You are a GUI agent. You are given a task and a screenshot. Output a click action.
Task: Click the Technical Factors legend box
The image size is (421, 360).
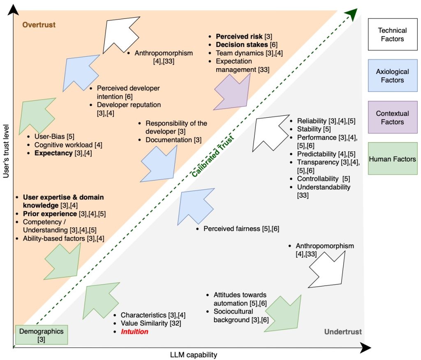(x=392, y=35)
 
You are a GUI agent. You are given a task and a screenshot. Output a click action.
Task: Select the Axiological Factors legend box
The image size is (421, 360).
(x=392, y=76)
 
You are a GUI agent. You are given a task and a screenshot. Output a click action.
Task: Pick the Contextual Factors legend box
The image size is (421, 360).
(x=392, y=118)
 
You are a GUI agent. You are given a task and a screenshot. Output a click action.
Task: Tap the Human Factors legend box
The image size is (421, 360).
(x=392, y=159)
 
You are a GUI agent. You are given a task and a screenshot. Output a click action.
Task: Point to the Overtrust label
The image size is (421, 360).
(x=39, y=25)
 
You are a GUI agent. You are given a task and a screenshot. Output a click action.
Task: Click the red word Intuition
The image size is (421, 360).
(x=134, y=331)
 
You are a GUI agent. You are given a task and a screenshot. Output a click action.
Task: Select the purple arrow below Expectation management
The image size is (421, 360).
(x=232, y=91)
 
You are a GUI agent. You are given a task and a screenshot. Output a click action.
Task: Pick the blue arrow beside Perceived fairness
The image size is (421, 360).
(x=197, y=208)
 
